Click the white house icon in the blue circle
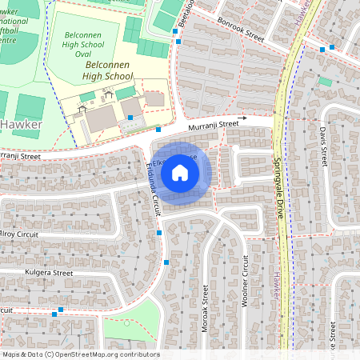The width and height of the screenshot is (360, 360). [180, 173]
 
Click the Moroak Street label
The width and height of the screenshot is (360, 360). [206, 301]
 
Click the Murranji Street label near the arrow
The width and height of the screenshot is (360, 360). [214, 125]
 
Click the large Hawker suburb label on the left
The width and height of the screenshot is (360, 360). [20, 124]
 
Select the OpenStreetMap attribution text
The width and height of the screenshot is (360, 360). [80, 354]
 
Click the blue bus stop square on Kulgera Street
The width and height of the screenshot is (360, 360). [61, 309]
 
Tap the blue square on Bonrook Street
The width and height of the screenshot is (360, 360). [322, 50]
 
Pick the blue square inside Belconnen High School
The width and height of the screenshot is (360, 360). [130, 117]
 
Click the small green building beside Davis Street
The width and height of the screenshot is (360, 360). [325, 82]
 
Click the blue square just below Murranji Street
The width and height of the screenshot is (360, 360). [158, 129]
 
